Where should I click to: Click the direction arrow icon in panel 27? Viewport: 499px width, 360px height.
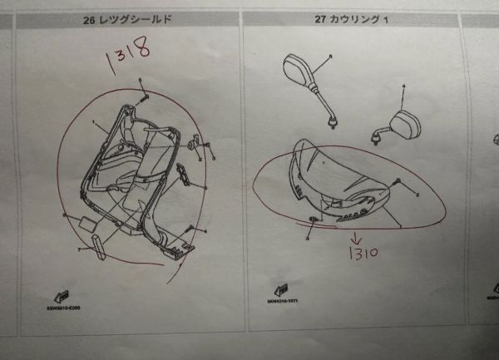(283, 292)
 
